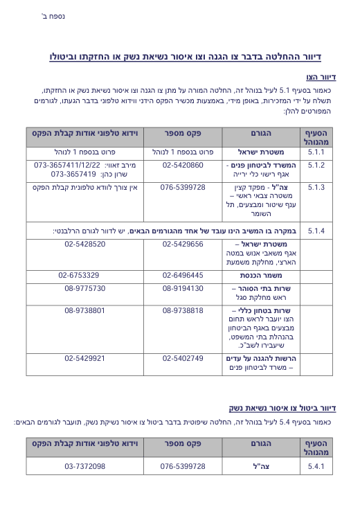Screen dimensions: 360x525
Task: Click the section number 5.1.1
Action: point(316,151)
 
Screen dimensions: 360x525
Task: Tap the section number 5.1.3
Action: point(316,187)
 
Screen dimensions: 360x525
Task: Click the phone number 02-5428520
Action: point(85,244)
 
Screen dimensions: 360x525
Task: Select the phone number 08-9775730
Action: point(85,288)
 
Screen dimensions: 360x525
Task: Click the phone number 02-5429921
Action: point(85,358)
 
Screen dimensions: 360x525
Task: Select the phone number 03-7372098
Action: point(85,466)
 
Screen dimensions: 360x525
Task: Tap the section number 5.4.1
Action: point(316,466)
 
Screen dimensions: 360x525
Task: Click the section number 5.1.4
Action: point(316,230)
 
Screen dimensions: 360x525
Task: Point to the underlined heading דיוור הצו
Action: point(321,78)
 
